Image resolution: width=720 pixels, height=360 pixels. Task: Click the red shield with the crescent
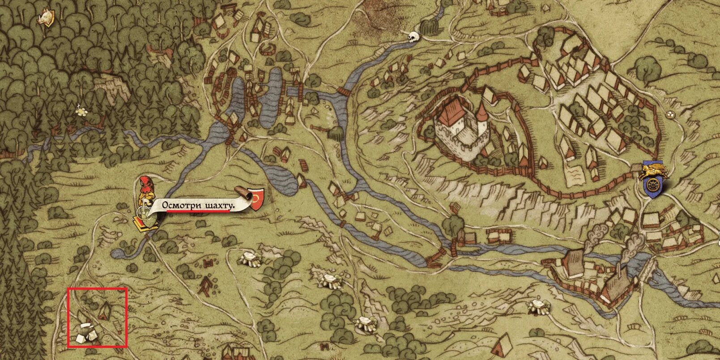click(x=257, y=199)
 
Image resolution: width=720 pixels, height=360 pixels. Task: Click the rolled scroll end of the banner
click(x=244, y=193)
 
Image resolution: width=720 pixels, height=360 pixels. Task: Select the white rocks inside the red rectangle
click(x=85, y=333)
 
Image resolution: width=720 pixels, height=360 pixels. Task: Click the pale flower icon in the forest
click(x=81, y=112)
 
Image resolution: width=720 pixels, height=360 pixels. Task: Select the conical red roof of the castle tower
click(x=481, y=111)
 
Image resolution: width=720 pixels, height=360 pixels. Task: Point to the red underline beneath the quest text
click(x=197, y=212)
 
